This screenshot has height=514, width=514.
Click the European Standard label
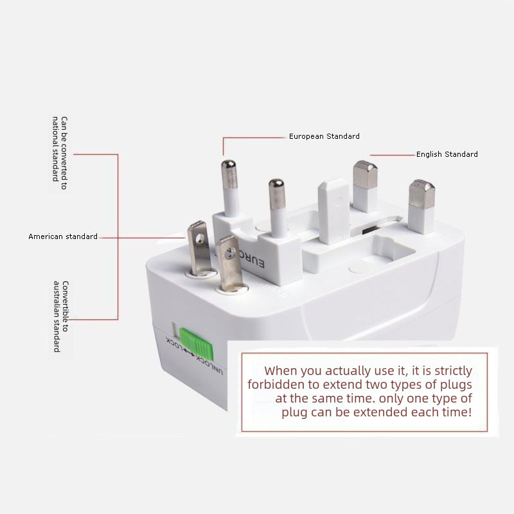[324, 136]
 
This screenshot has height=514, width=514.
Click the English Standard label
[447, 154]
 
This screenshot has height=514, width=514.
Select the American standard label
[63, 236]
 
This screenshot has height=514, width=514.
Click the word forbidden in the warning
[274, 384]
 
